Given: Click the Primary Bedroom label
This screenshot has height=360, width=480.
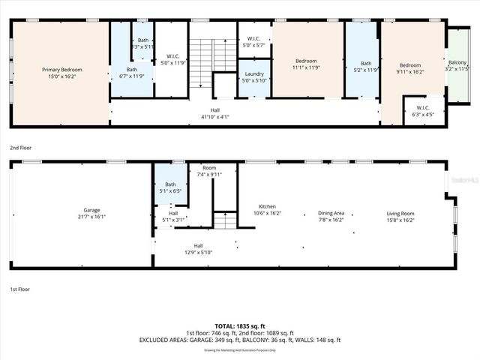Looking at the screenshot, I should [x=61, y=70].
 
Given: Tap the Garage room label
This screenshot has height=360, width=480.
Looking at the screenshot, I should [x=91, y=211].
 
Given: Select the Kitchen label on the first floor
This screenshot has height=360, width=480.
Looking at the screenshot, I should [x=268, y=206].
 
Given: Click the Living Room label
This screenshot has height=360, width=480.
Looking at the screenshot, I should [x=400, y=214].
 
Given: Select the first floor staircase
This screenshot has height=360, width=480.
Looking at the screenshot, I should [x=226, y=220].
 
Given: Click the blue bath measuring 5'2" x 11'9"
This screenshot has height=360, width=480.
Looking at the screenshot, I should [x=365, y=68].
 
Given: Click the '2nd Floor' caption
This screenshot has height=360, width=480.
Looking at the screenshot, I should [x=20, y=148].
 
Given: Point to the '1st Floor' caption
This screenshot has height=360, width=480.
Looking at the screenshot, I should [x=19, y=289].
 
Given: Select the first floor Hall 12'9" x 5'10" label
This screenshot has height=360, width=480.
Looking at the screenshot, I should [x=198, y=250].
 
